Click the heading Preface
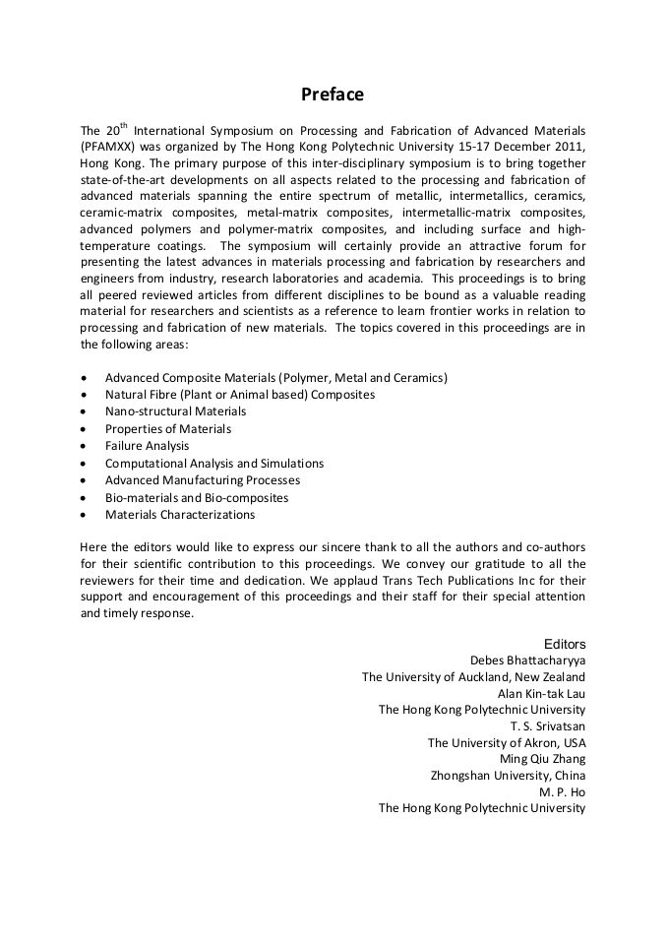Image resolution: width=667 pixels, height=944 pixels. tap(333, 94)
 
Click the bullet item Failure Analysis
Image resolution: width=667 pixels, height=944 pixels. tap(147, 446)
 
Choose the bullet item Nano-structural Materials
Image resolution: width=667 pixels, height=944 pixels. tap(175, 411)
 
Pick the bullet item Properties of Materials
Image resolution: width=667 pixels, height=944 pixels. tap(168, 429)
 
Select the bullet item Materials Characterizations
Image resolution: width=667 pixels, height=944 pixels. tap(180, 515)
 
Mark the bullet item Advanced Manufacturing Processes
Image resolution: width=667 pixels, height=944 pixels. tap(203, 480)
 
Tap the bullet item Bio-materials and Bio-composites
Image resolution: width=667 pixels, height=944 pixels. tap(197, 498)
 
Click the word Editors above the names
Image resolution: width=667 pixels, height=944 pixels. tap(565, 644)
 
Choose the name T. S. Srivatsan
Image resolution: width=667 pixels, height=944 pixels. tap(548, 726)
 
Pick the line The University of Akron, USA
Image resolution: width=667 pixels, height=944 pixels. tap(507, 743)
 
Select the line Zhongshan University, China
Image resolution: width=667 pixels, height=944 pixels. tap(508, 776)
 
